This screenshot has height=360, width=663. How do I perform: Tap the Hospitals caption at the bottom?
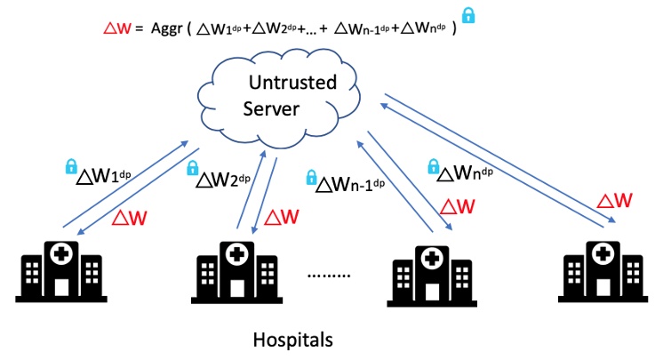pyautogui.click(x=292, y=340)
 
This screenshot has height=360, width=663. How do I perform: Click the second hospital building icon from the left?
pyautogui.click(x=236, y=271)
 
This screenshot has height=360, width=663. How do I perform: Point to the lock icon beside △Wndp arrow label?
pyautogui.click(x=433, y=165)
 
